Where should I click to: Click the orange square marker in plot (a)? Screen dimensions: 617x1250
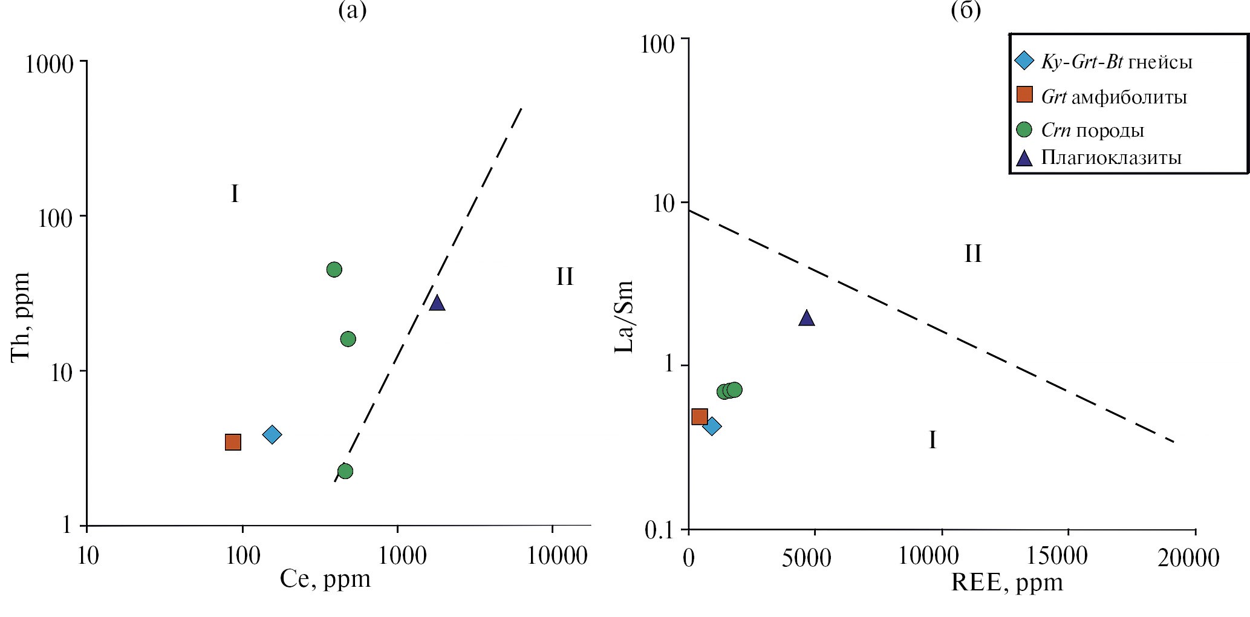click(233, 442)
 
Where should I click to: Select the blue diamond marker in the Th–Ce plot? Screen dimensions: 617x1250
click(272, 434)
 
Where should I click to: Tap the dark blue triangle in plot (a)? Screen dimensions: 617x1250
click(437, 303)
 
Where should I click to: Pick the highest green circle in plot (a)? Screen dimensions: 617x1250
click(334, 269)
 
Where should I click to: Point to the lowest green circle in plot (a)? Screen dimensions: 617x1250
click(345, 471)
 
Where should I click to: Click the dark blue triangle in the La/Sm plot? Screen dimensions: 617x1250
click(806, 318)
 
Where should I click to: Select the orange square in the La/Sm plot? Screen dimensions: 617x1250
click(700, 416)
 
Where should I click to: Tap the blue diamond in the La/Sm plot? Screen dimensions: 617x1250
click(712, 426)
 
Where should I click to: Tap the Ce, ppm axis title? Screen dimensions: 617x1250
click(325, 579)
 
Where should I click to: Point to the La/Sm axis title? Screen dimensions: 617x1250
click(624, 316)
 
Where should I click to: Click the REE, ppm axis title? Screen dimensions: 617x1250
click(1007, 583)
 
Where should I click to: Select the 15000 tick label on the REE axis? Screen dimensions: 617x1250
click(1069, 557)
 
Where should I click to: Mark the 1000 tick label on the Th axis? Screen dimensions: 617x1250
click(49, 63)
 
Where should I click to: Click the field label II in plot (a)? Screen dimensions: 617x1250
click(564, 277)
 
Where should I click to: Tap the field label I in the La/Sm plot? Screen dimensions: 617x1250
click(932, 440)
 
